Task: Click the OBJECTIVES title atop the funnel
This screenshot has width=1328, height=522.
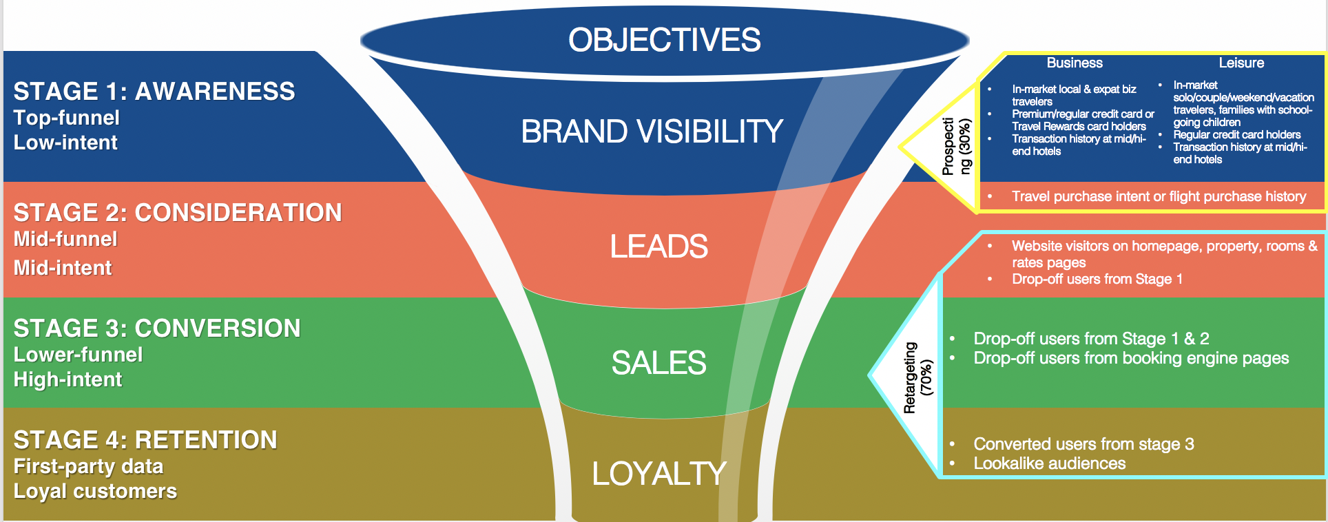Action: [664, 40]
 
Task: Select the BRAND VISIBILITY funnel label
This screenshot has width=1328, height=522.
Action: [652, 132]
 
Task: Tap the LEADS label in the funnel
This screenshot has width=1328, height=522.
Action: [658, 247]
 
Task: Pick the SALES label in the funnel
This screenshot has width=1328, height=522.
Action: [658, 363]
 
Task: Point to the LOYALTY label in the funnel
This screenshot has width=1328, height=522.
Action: [658, 474]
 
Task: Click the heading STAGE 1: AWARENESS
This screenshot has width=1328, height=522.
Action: [154, 92]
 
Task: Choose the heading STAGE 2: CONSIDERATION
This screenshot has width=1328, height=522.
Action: [178, 213]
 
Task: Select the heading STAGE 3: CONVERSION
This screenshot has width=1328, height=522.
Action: [157, 328]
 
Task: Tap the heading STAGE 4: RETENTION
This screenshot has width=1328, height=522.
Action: [145, 440]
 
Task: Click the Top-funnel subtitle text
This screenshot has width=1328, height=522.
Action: [67, 118]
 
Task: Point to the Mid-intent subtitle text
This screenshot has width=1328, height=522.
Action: [63, 268]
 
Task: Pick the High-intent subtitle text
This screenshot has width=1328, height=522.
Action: [68, 379]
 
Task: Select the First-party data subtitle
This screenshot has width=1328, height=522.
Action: [88, 466]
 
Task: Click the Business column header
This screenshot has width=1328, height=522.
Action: [1075, 63]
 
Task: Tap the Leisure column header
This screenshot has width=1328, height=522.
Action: [1241, 63]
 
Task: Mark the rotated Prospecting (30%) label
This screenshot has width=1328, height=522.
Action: [957, 146]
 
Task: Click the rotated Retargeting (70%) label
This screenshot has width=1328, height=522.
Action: [918, 377]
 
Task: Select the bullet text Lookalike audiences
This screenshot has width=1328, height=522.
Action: [1049, 463]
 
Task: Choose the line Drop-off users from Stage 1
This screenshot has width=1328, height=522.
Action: [1097, 279]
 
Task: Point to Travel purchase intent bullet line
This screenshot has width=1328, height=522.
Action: [1159, 196]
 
